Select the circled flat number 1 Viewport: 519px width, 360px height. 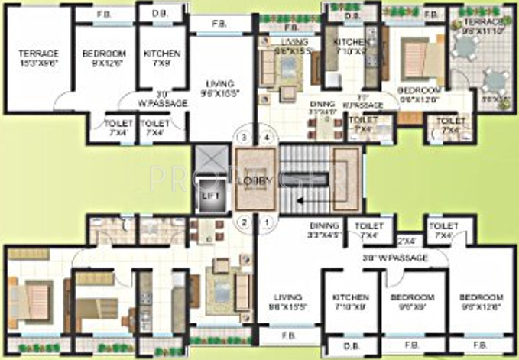[x=267, y=223]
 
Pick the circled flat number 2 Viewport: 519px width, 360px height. [x=244, y=223]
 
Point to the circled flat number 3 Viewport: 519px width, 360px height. [x=244, y=138]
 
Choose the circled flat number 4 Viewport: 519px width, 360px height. [x=267, y=138]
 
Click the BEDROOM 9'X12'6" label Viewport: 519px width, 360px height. [x=103, y=59]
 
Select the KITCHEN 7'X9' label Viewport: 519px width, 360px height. [x=162, y=59]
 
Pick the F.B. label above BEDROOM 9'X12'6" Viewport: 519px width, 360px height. [x=103, y=15]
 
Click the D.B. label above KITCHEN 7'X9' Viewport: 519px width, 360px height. [x=161, y=15]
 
